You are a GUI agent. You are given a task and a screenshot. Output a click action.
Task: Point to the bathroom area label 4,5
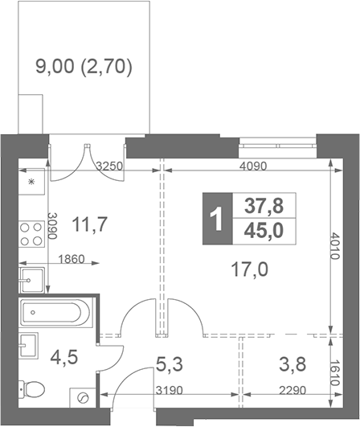pyautogui.click(x=66, y=355)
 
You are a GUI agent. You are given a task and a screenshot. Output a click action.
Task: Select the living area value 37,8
pyautogui.click(x=261, y=206)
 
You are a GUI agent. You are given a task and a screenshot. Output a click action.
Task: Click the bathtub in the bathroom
pyautogui.click(x=54, y=313)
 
